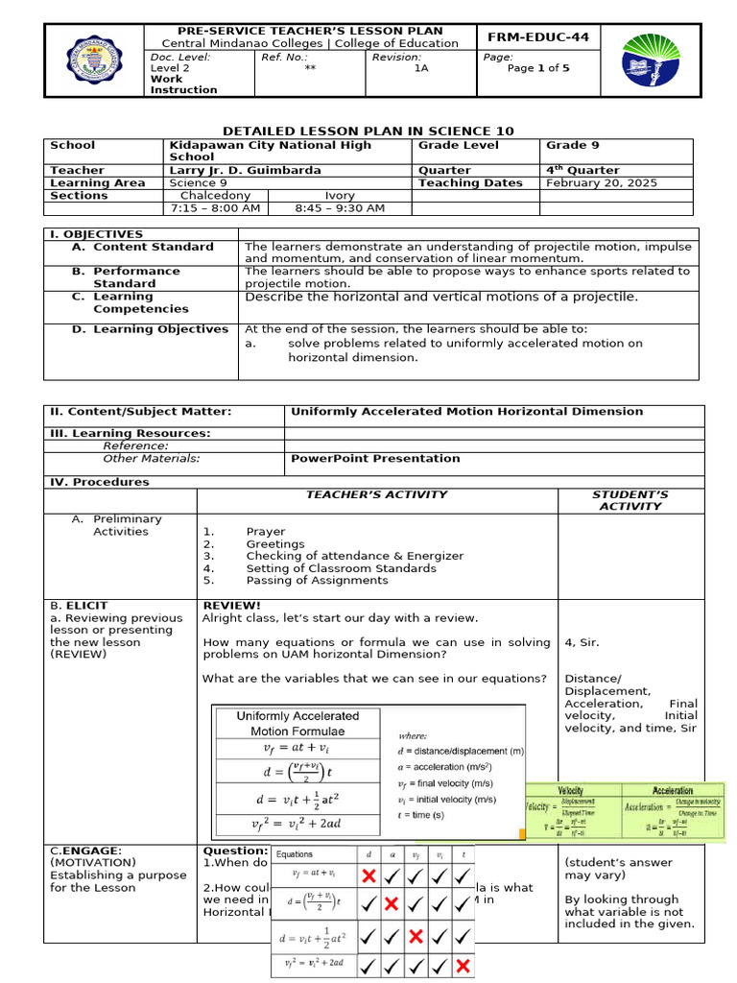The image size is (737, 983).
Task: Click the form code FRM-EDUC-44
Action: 538,37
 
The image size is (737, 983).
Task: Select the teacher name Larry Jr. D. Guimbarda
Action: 245,170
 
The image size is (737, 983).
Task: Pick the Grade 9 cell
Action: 573,145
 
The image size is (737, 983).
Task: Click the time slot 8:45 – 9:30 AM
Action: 341,207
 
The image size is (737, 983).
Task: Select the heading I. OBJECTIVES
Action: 96,234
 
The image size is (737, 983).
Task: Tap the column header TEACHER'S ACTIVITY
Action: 376,494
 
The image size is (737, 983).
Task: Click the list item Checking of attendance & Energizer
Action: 354,556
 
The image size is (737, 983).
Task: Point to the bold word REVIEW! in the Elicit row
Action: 231,606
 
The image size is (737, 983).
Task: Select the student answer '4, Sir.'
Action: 582,642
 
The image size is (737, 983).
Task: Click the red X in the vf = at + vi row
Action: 368,875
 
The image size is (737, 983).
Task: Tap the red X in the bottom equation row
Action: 463,964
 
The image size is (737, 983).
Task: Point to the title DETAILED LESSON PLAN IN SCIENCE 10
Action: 368,131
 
